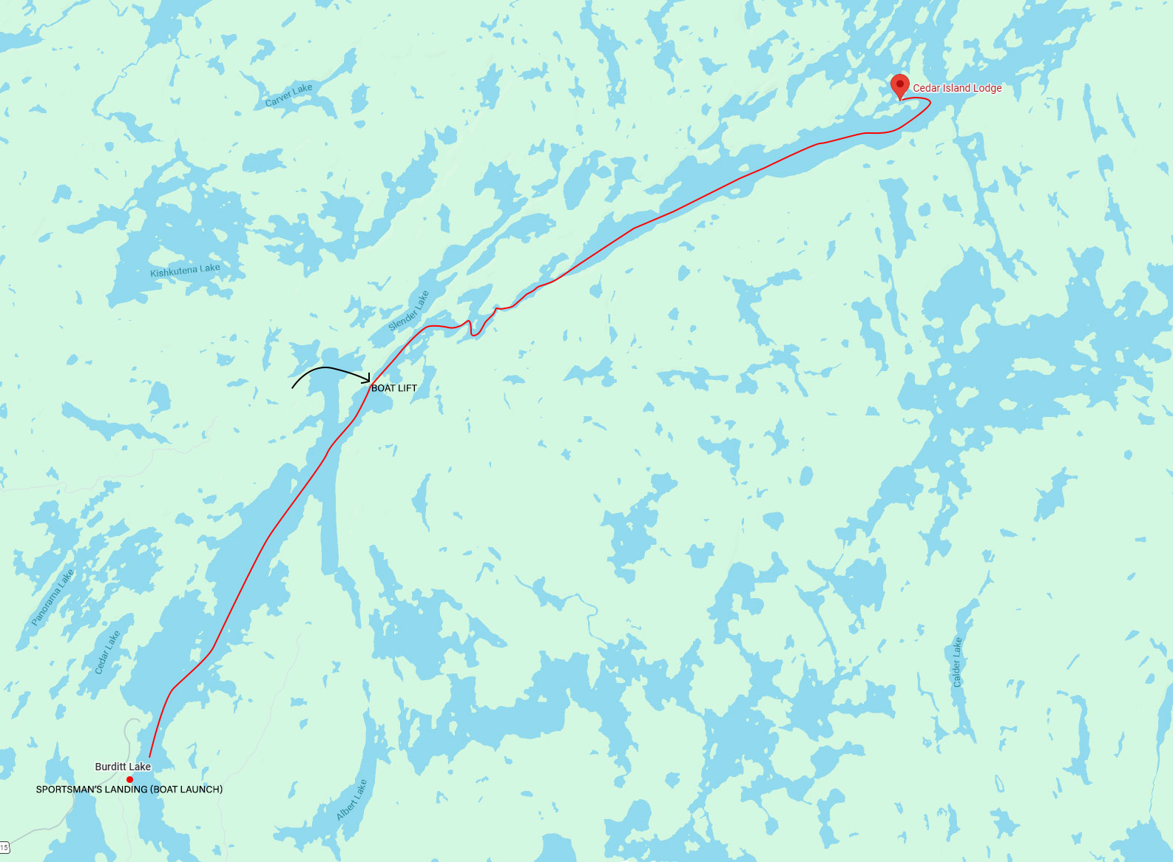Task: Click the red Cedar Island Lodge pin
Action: tap(899, 85)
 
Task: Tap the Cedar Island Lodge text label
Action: tap(957, 88)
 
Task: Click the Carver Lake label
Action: tap(288, 95)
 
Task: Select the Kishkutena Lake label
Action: tap(185, 271)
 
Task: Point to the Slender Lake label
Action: tap(408, 311)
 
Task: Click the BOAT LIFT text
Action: tap(394, 388)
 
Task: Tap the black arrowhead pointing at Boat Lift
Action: tap(367, 380)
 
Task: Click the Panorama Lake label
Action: tap(53, 597)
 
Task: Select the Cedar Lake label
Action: tap(107, 652)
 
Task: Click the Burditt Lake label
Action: tap(123, 767)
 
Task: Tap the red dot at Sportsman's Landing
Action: tap(129, 779)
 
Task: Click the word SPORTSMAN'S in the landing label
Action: tap(67, 790)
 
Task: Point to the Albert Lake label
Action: tap(351, 800)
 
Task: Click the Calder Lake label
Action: tap(957, 662)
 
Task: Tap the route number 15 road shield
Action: tap(4, 847)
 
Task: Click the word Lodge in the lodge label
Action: tap(987, 88)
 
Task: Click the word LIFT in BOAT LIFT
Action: tap(408, 388)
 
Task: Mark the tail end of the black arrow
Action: tap(293, 387)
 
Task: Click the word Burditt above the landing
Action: tap(110, 767)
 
